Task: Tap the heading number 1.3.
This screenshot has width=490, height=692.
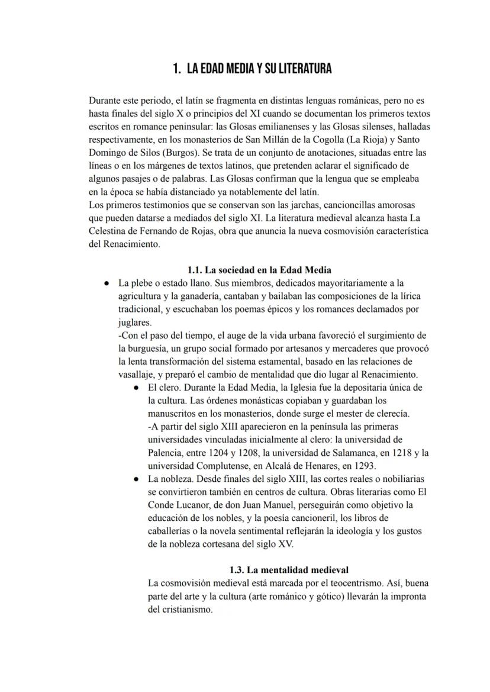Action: coord(240,570)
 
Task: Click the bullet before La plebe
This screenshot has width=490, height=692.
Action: coord(106,283)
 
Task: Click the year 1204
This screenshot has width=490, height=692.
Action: coord(224,452)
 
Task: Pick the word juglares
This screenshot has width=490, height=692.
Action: coord(134,322)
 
